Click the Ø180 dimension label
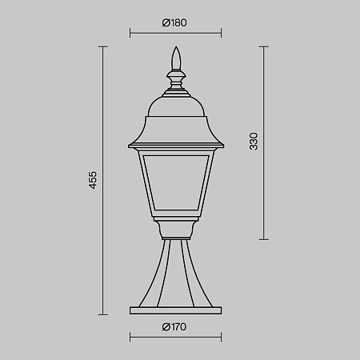(x=174, y=22)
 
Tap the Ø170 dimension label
(x=174, y=326)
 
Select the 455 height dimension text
(x=93, y=180)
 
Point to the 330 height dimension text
(x=254, y=141)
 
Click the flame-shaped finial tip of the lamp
(x=176, y=58)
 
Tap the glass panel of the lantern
(x=176, y=182)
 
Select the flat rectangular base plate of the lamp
(x=176, y=310)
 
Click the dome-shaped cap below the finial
(x=176, y=106)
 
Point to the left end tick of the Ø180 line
(x=130, y=33)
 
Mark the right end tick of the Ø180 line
(x=221, y=33)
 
